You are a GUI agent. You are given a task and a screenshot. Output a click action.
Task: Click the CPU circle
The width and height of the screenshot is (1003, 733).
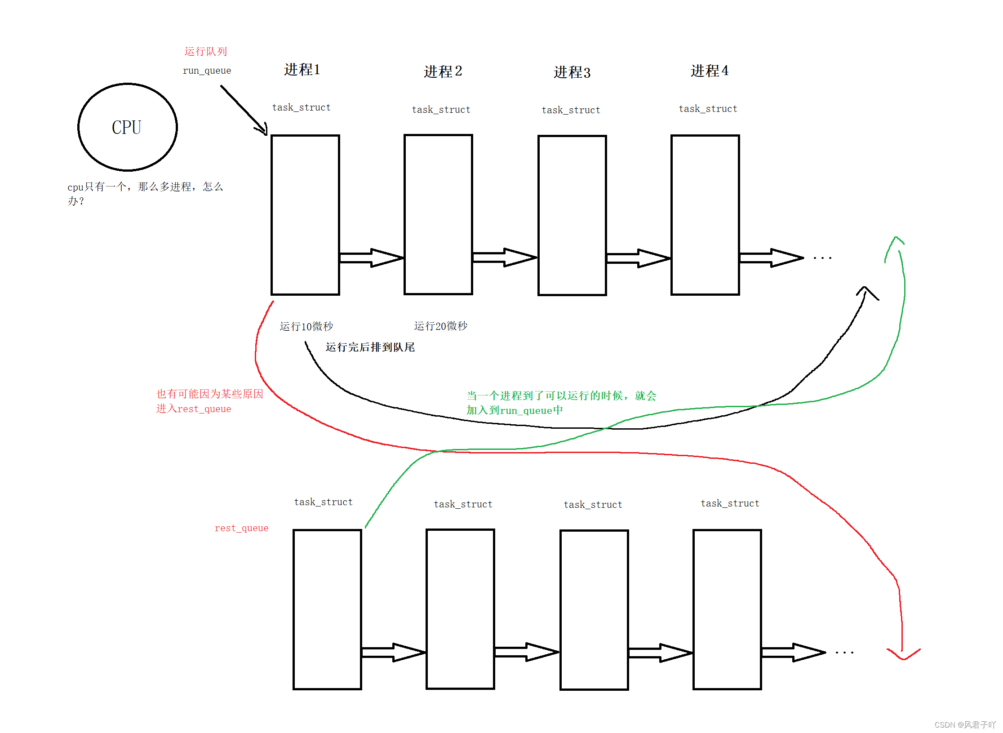point(128,127)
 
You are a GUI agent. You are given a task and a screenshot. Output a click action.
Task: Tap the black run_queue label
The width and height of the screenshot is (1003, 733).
point(207,71)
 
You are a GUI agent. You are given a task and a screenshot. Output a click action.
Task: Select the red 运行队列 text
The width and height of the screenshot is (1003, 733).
point(205,51)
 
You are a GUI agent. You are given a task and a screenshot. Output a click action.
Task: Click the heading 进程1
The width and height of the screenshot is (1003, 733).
point(302,70)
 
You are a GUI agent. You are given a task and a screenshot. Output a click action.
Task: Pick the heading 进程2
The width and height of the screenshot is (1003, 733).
point(443,71)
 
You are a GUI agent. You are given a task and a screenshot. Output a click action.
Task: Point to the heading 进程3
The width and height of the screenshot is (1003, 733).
point(572,72)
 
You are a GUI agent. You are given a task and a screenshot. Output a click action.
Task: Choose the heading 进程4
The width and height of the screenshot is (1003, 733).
point(709,71)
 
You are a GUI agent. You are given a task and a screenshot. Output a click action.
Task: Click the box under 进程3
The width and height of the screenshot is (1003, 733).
point(572,215)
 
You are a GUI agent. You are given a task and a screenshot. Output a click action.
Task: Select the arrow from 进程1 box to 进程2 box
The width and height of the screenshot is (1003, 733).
point(372,258)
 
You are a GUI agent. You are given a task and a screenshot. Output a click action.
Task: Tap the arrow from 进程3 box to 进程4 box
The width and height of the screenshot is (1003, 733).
point(639,258)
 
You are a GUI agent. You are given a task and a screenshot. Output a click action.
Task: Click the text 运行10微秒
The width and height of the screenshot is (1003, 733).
point(306,326)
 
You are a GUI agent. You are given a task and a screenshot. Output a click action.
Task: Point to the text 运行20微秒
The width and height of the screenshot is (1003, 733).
point(440,326)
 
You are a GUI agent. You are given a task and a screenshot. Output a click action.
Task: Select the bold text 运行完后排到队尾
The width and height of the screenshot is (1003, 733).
point(370,347)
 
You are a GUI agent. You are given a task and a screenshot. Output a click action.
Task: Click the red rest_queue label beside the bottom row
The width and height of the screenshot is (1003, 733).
point(241,528)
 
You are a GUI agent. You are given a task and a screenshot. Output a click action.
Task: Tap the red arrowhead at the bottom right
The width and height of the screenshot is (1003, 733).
point(903,655)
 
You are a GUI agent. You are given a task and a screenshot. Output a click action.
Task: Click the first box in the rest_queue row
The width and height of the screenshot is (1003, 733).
point(327,609)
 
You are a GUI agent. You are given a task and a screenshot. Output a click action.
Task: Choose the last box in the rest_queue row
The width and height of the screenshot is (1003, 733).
point(727,609)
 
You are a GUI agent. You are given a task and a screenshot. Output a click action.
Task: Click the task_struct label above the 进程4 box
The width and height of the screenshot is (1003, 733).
point(708,109)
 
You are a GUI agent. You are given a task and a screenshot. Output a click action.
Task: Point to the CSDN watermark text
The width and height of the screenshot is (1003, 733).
point(964,724)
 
